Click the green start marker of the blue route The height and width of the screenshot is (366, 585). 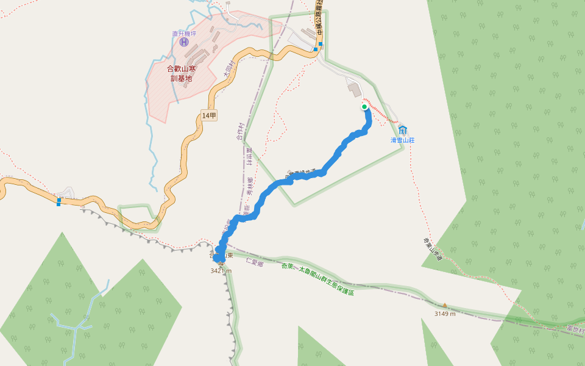click(364, 107)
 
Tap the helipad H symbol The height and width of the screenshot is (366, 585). click(184, 42)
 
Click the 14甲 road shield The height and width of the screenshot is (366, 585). click(209, 115)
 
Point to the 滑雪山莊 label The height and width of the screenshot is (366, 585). click(403, 140)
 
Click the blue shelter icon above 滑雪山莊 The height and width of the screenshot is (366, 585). click(403, 129)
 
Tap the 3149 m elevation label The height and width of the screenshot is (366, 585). click(445, 314)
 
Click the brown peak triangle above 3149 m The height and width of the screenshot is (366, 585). click(445, 305)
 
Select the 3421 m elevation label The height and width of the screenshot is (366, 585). click(221, 270)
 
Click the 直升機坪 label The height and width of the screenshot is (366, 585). click(184, 34)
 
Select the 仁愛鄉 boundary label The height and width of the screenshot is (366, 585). click(254, 262)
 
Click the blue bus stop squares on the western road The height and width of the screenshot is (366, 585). click(58, 201)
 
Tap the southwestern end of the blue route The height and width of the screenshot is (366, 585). click(216, 259)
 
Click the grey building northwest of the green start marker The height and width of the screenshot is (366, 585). click(354, 90)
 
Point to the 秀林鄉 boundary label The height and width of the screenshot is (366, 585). click(249, 186)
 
